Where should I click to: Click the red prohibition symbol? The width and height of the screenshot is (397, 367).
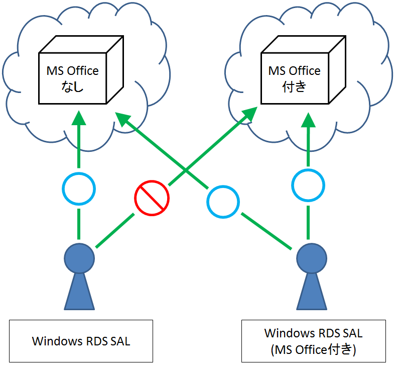(152, 198)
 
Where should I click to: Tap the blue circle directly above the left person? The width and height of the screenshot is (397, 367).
(79, 189)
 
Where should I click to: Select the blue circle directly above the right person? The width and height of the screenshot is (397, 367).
(308, 186)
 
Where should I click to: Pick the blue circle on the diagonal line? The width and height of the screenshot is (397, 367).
(223, 202)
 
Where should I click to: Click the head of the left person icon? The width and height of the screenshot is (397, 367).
(79, 258)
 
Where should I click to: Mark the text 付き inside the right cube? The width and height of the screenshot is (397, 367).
(294, 86)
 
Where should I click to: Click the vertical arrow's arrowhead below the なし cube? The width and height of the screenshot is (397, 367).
(79, 119)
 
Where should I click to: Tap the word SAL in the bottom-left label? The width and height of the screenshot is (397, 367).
(118, 341)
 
